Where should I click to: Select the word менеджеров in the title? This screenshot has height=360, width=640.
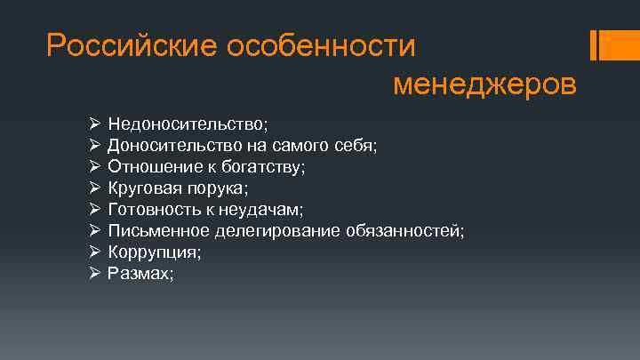[484, 84]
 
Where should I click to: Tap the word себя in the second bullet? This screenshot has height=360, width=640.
[360, 145]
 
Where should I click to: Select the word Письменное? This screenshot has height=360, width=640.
[159, 230]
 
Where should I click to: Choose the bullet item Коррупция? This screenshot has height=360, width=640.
[153, 252]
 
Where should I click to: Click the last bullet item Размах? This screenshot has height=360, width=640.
[140, 274]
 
